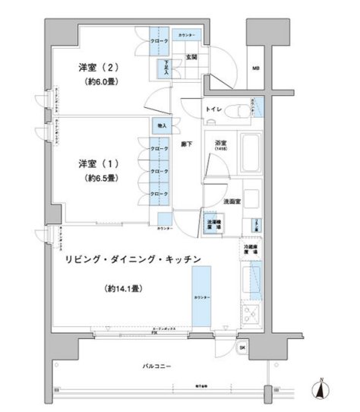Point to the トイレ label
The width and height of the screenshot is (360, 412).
pos(213,110)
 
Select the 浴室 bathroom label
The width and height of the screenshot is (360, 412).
pos(220,142)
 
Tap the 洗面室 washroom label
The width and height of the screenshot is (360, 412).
pos(232,201)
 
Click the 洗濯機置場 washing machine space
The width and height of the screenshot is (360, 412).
pos(215,224)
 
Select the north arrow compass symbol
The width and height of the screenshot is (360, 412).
pos(322,389)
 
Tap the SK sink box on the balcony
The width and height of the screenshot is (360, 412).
pos(242,348)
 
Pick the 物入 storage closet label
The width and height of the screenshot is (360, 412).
pos(162,125)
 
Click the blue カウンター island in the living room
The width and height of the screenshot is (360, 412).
pos(201,296)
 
